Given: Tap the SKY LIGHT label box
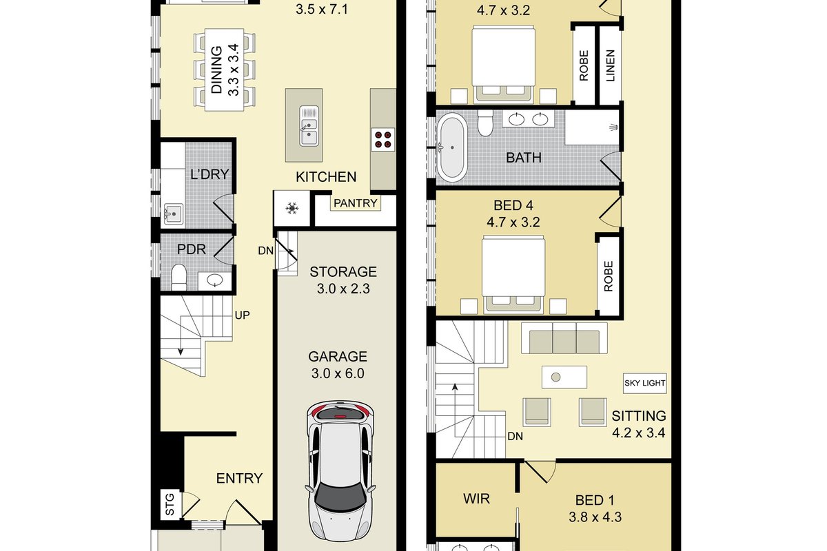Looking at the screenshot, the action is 644,383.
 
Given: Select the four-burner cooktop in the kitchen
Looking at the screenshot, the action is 383,140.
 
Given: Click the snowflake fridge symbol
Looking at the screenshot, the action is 292,208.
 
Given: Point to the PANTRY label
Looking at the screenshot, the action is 355,203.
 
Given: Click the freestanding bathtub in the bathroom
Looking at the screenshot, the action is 451,147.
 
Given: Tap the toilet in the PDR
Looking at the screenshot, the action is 179,277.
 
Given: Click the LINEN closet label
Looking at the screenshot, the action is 611,65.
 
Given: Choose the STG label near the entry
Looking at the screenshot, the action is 170,504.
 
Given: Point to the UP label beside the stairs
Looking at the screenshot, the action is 242,315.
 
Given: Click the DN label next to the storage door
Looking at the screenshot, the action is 266,251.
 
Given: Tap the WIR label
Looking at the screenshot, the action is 477,499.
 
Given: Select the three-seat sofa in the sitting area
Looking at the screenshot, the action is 564,338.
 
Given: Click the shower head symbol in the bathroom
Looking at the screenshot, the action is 613,127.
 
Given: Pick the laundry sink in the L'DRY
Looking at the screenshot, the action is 173,213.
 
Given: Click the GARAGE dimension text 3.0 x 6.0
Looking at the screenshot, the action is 338,373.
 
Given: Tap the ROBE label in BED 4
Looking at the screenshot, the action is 609,276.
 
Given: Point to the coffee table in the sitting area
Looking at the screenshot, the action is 564,377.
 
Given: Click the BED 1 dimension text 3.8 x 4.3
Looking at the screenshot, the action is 595,517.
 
